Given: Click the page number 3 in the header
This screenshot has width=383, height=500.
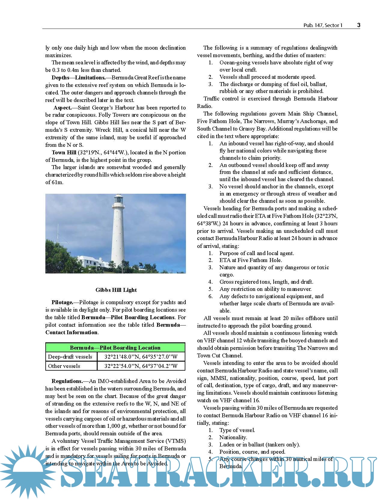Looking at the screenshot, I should pos(359,25).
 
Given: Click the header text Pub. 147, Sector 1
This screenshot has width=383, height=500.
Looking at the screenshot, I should pos(323,26).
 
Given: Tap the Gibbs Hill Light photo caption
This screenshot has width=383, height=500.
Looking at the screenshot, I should pos(116,290).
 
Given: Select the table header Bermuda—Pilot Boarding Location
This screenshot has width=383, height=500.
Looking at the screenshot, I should pos(115,348).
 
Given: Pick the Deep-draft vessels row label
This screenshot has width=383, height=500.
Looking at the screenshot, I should pos(70,357).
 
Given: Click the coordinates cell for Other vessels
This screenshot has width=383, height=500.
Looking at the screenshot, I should pos(141,366).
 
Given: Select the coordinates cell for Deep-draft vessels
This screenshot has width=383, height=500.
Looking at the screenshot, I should pos(141,357).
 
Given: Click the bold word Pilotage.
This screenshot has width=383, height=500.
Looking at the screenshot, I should pos(62,302).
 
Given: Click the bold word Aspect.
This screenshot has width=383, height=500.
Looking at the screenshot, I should pos(62,108).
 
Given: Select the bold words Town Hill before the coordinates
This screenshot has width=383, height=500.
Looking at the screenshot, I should pos(64,153).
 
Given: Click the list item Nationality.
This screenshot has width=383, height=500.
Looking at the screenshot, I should pos(233,437).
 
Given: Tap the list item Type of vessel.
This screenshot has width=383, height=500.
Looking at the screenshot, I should pos(237,430).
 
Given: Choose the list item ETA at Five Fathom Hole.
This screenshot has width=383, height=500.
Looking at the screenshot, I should pos(251,260).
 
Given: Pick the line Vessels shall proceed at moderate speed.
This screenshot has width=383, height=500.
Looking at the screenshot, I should pos(267,77).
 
